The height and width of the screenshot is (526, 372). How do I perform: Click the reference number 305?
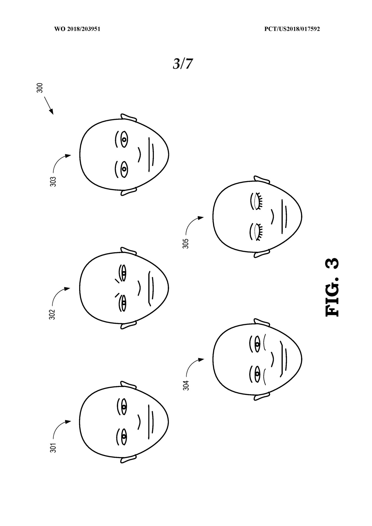186,243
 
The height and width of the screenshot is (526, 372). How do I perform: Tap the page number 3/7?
183,64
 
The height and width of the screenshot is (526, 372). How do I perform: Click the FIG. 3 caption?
332,288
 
